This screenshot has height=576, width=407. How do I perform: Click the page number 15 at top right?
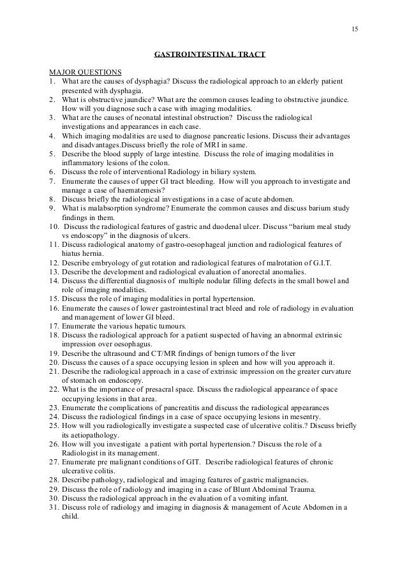355,29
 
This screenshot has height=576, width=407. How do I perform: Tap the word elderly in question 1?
304,82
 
